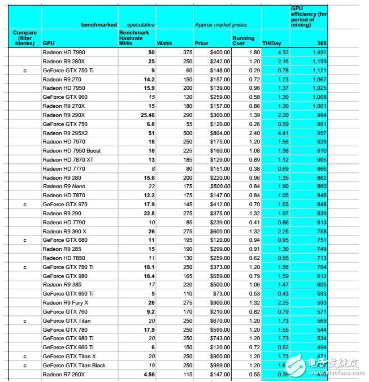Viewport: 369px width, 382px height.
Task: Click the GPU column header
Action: tap(49, 42)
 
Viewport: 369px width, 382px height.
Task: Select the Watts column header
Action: tap(164, 42)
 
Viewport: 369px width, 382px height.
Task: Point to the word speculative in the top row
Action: tap(141, 25)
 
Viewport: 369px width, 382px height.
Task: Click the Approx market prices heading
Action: tap(228, 25)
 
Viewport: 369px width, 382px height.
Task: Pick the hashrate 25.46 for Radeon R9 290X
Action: tap(146, 115)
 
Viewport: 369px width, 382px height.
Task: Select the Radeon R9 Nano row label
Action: tap(63, 186)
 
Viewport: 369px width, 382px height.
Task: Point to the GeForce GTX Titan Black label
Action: tap(74, 365)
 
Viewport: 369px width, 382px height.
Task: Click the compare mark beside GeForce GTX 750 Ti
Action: tap(24, 70)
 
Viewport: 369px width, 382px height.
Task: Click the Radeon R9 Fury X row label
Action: tap(66, 302)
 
